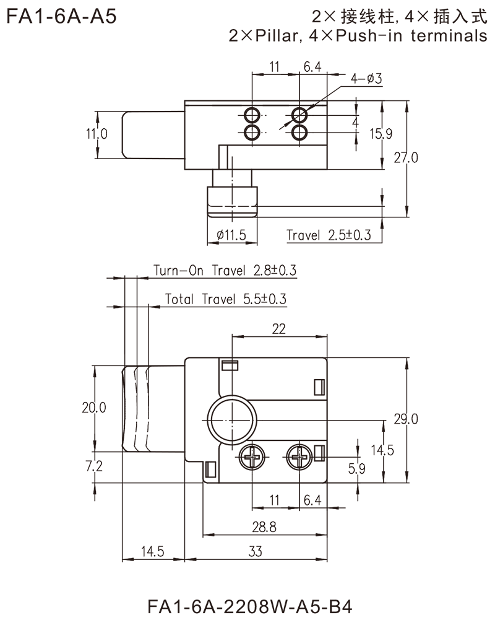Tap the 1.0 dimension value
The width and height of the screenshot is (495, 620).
[x=99, y=133]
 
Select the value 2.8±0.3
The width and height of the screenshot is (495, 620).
[x=275, y=271]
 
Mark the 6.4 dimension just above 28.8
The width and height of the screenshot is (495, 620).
[x=312, y=499]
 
